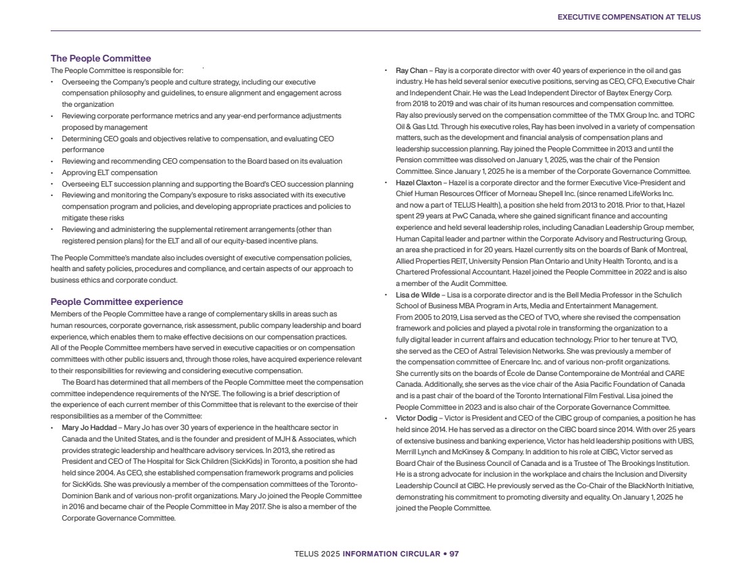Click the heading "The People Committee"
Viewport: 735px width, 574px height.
(x=101, y=59)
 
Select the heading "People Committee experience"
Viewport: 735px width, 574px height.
(x=117, y=302)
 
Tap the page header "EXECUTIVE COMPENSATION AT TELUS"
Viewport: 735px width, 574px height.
(x=629, y=17)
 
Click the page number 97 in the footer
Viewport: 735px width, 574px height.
(x=454, y=554)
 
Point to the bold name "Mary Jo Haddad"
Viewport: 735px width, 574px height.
(x=89, y=428)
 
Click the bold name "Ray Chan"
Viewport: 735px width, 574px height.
(x=411, y=70)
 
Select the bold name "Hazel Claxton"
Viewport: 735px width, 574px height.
(x=418, y=183)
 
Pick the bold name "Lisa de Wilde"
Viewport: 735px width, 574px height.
(x=418, y=295)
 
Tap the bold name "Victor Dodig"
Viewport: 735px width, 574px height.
(x=416, y=418)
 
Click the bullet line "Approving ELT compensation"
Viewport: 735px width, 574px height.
(x=110, y=172)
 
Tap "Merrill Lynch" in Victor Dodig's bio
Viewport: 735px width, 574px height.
(x=417, y=452)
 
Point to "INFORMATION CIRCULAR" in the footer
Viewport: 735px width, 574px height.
(x=381, y=554)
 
